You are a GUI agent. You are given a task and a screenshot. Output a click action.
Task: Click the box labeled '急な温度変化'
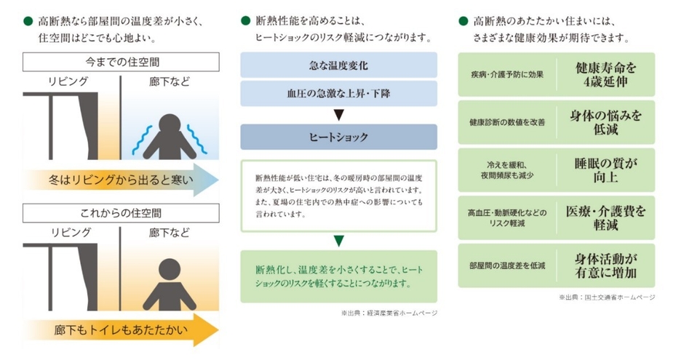coord(338,65)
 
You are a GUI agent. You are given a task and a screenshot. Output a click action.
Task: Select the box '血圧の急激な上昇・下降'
coord(338,94)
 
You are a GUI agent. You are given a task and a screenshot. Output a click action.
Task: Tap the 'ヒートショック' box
coord(338,137)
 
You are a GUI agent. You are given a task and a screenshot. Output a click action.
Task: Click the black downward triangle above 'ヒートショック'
coord(338,115)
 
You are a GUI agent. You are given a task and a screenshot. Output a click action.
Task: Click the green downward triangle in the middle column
coord(338,240)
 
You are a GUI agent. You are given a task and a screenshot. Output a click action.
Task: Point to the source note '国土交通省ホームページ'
coord(608,297)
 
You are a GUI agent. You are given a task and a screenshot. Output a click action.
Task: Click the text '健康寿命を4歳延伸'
coord(606,74)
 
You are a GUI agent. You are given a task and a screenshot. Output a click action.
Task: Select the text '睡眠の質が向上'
coord(606,170)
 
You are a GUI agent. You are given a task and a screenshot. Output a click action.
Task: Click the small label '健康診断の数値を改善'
coord(507,122)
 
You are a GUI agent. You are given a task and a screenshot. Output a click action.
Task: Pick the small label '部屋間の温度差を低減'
coord(507,265)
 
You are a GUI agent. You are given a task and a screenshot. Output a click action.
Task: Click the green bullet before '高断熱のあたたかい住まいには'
coord(463,21)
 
